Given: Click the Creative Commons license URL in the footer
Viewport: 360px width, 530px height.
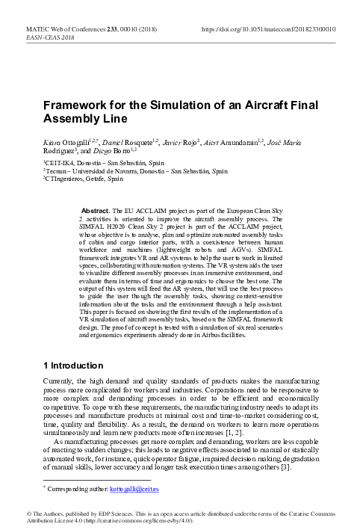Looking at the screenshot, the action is (131, 520).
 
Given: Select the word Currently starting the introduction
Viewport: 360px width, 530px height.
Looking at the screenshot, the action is (60, 381).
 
